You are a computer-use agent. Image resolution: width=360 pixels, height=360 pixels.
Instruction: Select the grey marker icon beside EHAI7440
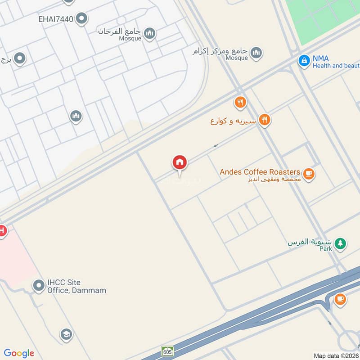81,19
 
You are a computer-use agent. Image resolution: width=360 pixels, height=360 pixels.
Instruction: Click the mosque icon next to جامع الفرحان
150,33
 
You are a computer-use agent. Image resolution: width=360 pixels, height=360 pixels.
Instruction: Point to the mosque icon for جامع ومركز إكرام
256,53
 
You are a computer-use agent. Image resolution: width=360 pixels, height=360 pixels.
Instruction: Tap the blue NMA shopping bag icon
305,60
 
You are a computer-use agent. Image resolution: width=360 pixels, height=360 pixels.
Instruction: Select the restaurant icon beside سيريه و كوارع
265,120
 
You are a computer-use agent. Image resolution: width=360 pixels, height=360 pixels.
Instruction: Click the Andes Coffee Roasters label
260,172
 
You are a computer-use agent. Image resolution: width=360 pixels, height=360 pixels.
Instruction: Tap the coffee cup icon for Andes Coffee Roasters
308,174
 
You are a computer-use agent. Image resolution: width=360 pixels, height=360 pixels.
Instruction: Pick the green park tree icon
341,243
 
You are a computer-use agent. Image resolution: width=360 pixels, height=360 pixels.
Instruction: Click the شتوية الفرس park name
310,242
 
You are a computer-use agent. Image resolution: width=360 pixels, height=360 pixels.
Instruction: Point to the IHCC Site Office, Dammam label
76,286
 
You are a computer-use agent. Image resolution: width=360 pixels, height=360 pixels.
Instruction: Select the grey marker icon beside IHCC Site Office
38,285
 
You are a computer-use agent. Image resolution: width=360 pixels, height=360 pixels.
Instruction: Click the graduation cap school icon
66,334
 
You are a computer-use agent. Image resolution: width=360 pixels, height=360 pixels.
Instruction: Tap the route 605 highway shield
167,351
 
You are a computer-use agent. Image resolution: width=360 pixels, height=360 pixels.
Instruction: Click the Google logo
19,353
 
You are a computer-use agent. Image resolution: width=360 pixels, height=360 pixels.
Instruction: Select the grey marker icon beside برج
19,58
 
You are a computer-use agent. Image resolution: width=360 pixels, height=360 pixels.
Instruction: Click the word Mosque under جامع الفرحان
130,39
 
